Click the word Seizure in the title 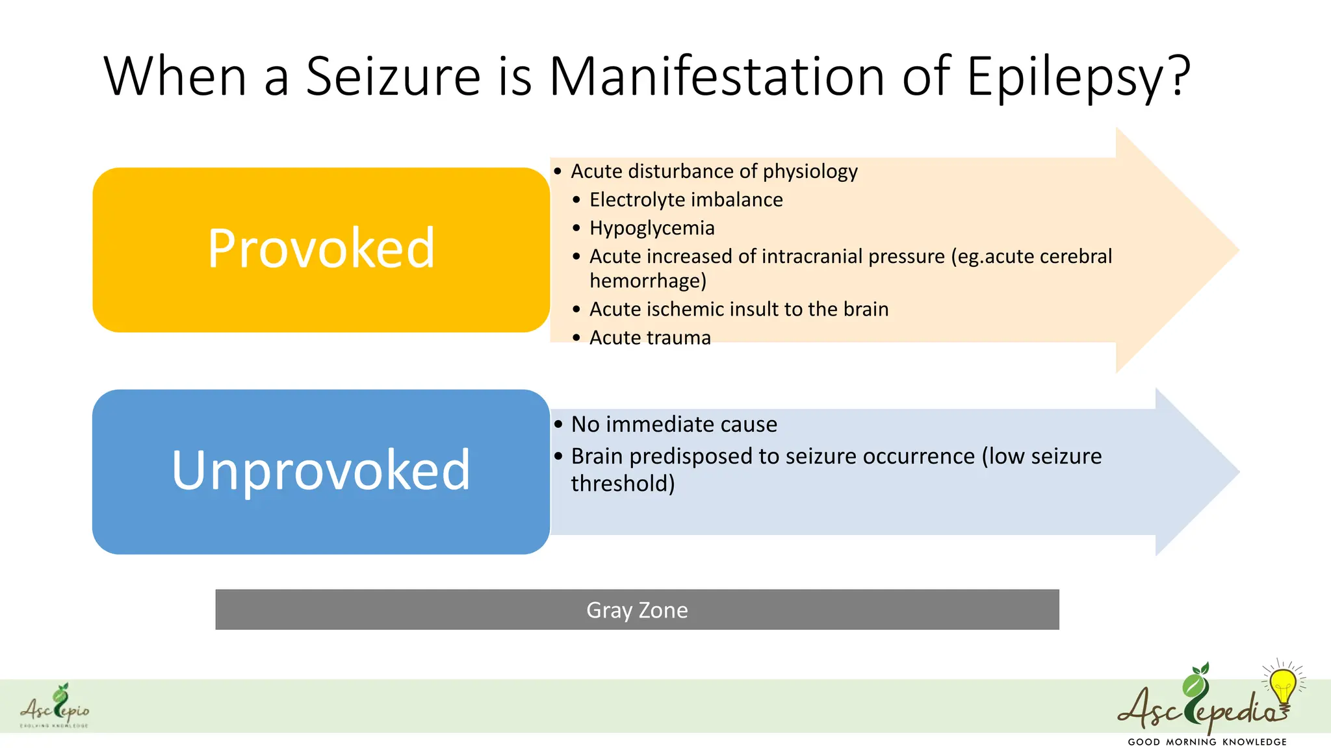tap(393, 77)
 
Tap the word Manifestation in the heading tap(716, 77)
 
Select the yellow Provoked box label tap(321, 249)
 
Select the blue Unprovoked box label tap(321, 470)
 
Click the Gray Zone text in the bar tap(637, 610)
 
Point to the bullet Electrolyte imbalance tap(686, 200)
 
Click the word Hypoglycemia tap(652, 229)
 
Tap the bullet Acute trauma tap(650, 338)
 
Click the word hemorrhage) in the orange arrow tap(647, 281)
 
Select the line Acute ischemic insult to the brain tap(738, 310)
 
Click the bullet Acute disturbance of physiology tap(714, 171)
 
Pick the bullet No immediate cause tap(673, 425)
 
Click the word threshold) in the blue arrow tap(623, 484)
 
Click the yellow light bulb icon tap(1283, 686)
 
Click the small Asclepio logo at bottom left tap(55, 706)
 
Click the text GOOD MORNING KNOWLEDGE tap(1207, 742)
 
